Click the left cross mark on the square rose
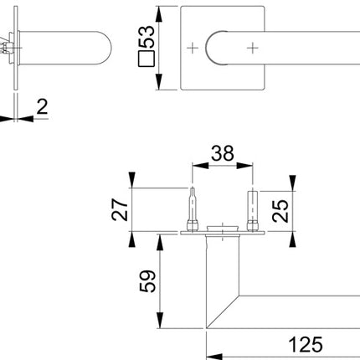[195, 49]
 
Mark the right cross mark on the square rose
[251, 49]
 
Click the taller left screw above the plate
[194, 208]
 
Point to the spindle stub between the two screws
[222, 226]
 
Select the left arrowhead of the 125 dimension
[210, 352]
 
